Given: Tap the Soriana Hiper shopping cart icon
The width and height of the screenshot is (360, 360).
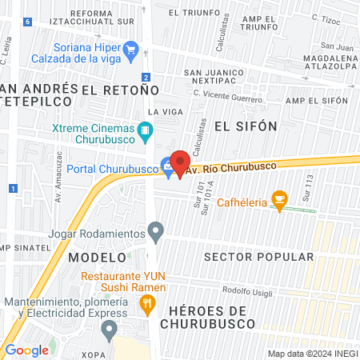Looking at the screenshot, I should (133, 50).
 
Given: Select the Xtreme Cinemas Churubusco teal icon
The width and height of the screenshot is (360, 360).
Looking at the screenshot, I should (145, 130).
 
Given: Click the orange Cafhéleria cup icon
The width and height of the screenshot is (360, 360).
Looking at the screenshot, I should (279, 199).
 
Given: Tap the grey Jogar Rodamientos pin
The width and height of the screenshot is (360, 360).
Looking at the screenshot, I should (157, 233).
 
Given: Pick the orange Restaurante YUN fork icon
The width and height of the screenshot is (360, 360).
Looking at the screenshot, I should (146, 304).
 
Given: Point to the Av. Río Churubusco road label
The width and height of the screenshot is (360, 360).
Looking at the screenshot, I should (231, 167).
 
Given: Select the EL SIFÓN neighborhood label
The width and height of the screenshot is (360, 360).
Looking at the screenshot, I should (245, 126).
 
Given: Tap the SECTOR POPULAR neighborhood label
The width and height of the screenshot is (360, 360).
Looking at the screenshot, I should (258, 257).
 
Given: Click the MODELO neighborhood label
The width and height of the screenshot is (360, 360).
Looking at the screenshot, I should (97, 258).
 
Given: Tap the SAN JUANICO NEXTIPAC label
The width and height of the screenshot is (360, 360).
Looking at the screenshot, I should (220, 77).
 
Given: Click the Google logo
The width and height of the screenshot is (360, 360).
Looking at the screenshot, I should (26, 350).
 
